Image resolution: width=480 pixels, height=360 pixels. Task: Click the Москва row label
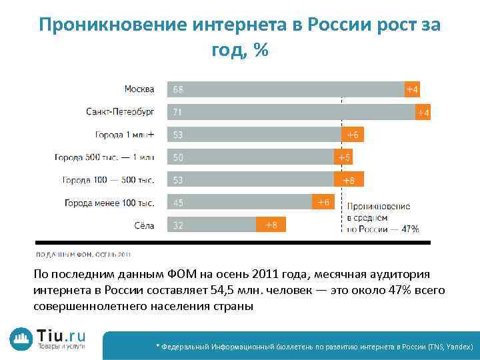pyautogui.click(x=139, y=89)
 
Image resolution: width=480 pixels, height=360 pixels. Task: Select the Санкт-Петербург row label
pyautogui.click(x=120, y=111)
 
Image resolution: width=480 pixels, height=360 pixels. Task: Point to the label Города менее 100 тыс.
pyautogui.click(x=109, y=203)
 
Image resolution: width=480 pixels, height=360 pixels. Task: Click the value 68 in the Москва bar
pyautogui.click(x=179, y=89)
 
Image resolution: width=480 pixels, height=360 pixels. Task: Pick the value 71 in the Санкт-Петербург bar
pyautogui.click(x=179, y=111)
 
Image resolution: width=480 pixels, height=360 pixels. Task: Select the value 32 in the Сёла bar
pyautogui.click(x=179, y=225)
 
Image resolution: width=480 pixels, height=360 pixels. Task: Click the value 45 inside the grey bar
pyautogui.click(x=179, y=203)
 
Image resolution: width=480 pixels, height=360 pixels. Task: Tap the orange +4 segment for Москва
pyautogui.click(x=413, y=89)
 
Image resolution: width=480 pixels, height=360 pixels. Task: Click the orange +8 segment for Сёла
pyautogui.click(x=271, y=225)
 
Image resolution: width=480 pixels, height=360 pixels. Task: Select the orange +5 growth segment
pyautogui.click(x=343, y=157)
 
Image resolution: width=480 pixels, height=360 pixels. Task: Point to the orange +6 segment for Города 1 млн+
pyautogui.click(x=352, y=135)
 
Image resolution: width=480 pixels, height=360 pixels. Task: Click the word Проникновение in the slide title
pyautogui.click(x=113, y=25)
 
